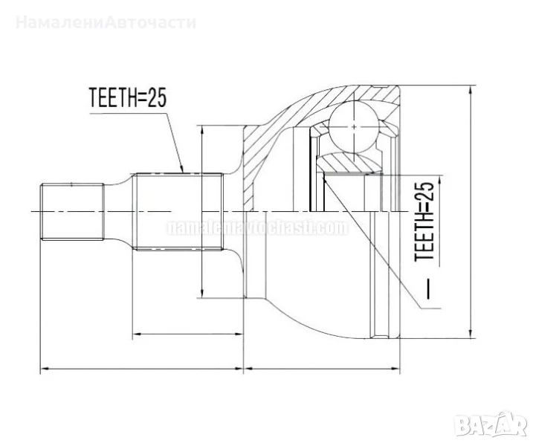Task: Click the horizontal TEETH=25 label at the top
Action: (126, 98)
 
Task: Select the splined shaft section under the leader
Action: (178, 212)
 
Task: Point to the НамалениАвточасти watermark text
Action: (106, 22)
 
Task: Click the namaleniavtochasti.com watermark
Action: (257, 227)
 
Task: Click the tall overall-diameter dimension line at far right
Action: (471, 212)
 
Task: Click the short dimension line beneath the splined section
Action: (187, 334)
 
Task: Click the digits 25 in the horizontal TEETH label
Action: (154, 98)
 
